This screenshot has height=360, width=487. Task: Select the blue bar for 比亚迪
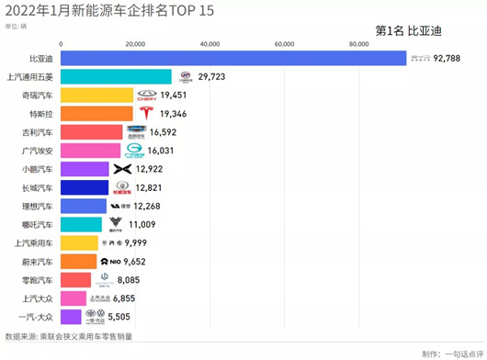pyautogui.click(x=230, y=59)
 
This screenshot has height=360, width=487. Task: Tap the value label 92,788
pyautogui.click(x=456, y=59)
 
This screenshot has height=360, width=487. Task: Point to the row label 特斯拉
pyautogui.click(x=38, y=114)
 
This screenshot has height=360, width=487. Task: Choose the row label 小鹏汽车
pyautogui.click(x=36, y=169)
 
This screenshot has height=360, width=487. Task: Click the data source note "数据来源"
pyautogui.click(x=68, y=336)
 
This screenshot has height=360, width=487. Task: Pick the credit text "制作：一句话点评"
pyautogui.click(x=452, y=354)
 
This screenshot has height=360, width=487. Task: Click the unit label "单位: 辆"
pyautogui.click(x=16, y=27)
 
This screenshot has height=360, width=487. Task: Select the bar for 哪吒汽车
pyautogui.click(x=82, y=224)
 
